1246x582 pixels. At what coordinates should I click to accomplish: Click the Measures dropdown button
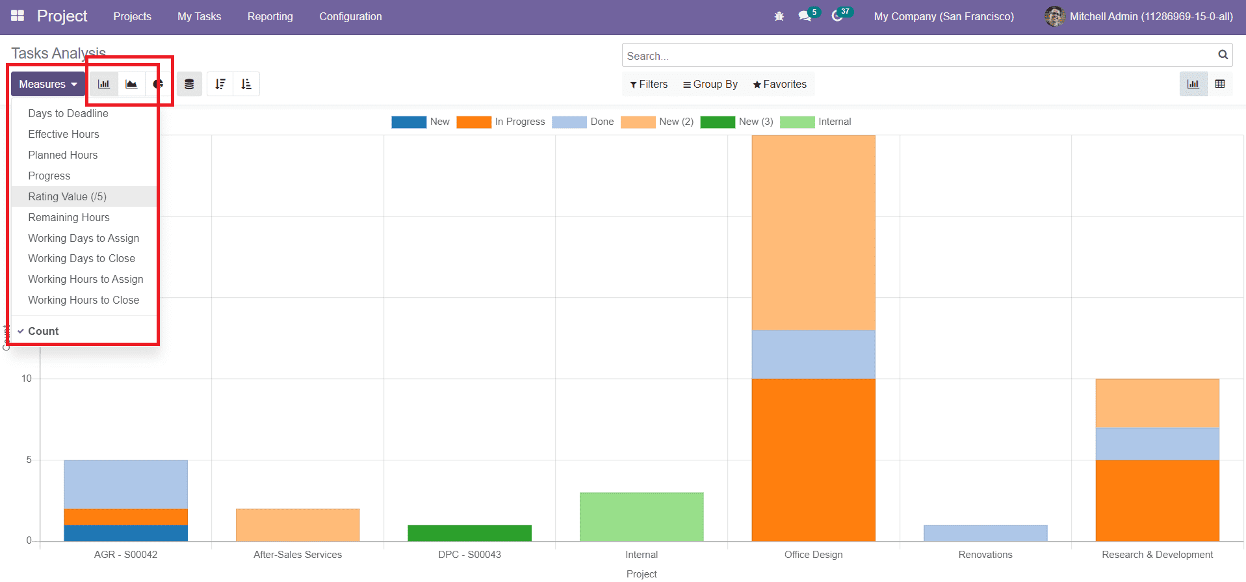point(48,84)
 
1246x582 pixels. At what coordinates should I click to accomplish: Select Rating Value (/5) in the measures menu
point(67,196)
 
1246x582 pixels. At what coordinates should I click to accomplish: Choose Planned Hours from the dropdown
point(62,155)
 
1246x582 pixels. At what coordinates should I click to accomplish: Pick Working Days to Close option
point(81,258)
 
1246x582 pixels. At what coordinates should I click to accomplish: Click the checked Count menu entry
point(43,331)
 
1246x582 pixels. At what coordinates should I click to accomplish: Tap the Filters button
point(649,84)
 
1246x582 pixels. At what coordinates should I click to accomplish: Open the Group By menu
point(710,84)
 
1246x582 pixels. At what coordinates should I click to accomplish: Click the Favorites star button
point(779,84)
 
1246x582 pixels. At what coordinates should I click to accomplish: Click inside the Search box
point(910,56)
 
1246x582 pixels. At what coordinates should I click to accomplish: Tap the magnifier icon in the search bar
point(1223,55)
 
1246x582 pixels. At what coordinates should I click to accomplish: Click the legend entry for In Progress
point(500,122)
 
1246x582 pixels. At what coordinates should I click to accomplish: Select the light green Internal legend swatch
point(797,122)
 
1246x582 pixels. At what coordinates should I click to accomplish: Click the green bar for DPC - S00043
point(469,533)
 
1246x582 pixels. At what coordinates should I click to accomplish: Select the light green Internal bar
point(642,516)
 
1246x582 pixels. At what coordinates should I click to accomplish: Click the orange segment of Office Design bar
point(813,459)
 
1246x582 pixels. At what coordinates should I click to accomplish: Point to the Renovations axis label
point(985,555)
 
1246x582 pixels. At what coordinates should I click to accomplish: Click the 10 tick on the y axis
point(27,378)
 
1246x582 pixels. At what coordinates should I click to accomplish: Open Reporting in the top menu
point(270,16)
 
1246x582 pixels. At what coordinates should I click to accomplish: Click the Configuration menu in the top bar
point(350,16)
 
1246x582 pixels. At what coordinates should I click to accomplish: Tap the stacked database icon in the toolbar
point(189,84)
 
